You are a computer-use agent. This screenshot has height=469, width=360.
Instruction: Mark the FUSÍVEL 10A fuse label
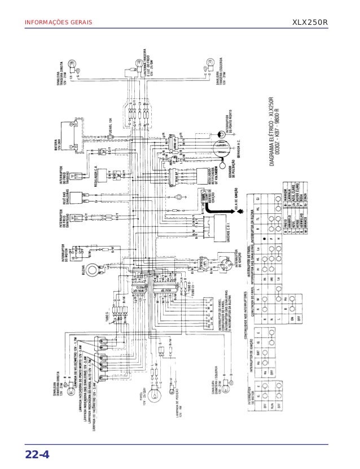click(x=109, y=135)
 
